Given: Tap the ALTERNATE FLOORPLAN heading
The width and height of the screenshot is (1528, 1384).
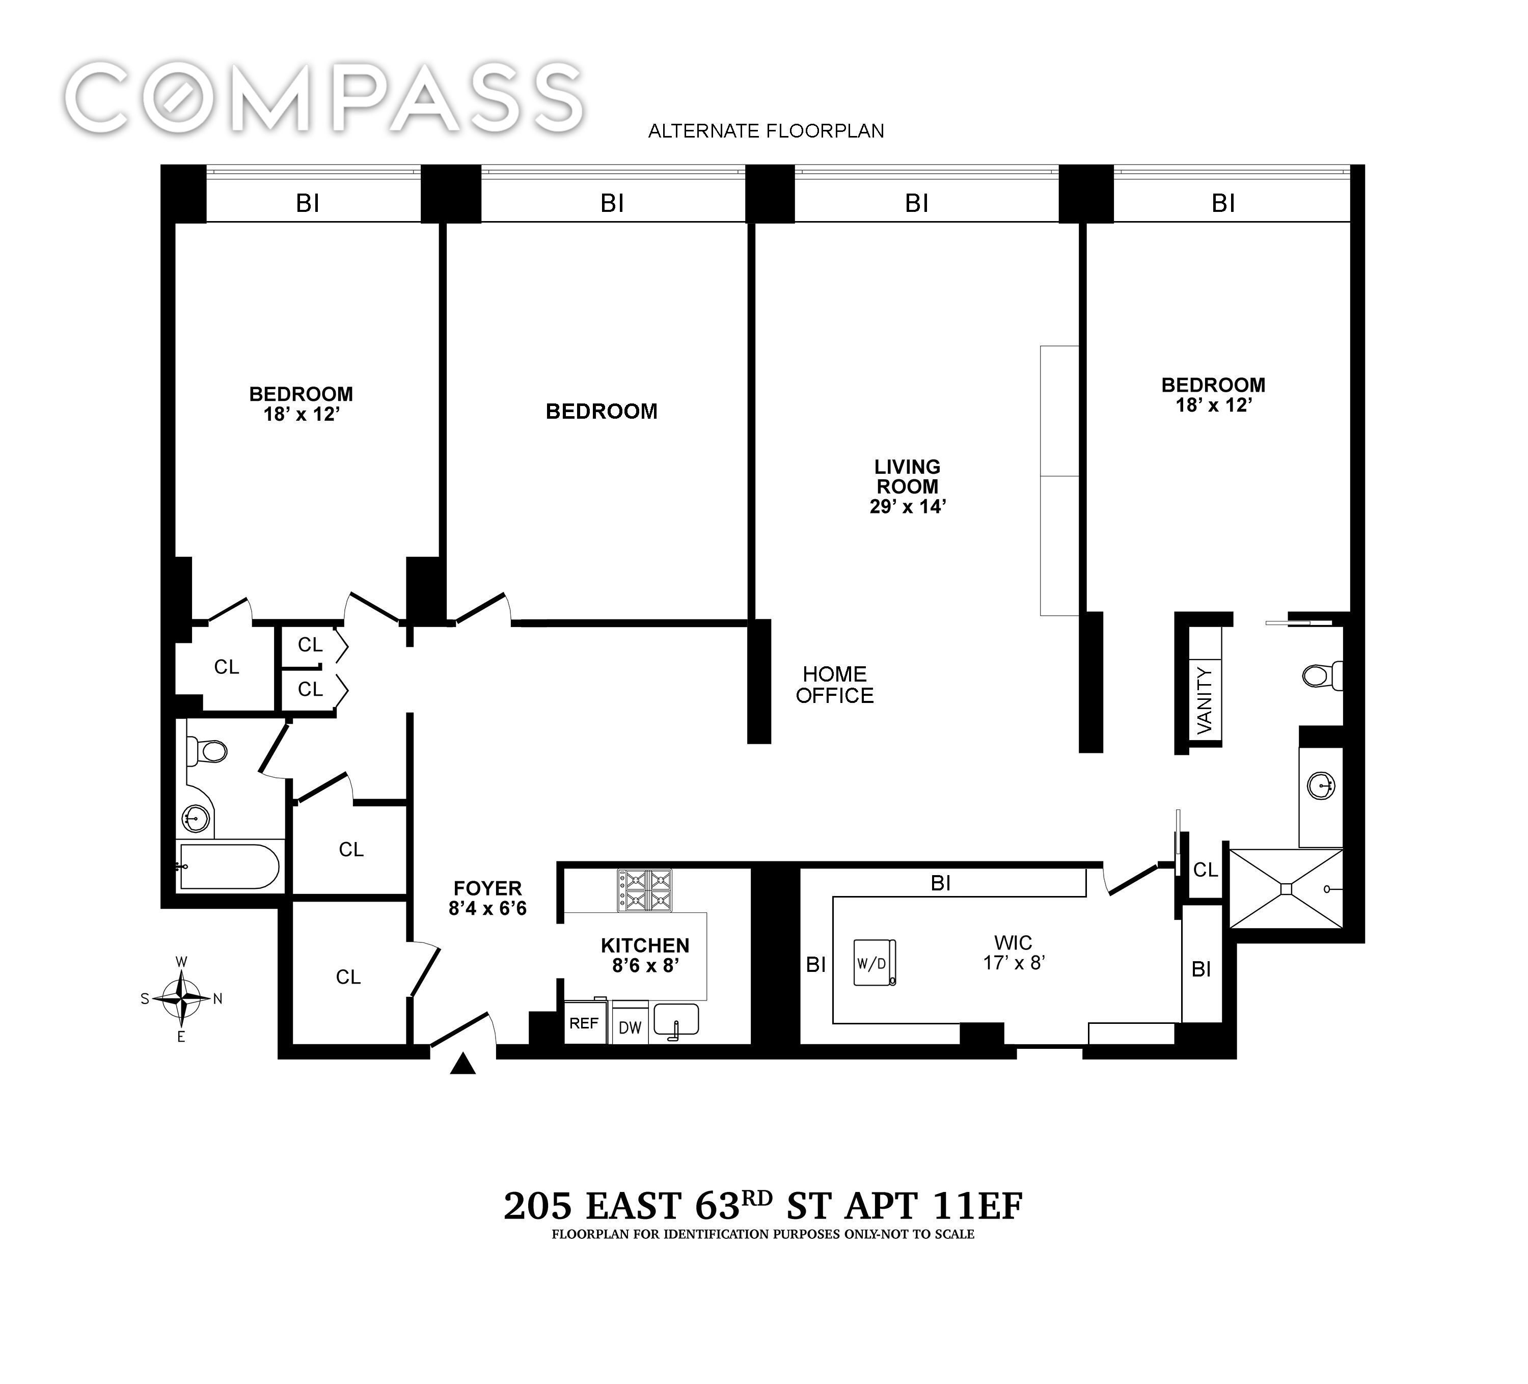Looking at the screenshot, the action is tap(766, 131).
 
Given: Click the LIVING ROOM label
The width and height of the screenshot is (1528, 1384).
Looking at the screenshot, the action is tap(907, 477).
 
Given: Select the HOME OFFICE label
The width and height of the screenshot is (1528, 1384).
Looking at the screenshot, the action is tap(834, 685).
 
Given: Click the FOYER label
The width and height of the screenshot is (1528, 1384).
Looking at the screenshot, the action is tap(487, 888).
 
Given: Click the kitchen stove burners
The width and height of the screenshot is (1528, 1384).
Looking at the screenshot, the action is tap(644, 890).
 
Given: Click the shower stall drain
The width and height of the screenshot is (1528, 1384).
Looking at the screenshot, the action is tap(1286, 888).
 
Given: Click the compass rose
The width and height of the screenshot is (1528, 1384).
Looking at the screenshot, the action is tap(181, 998).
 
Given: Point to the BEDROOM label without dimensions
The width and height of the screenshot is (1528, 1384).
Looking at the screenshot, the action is tap(602, 412).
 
